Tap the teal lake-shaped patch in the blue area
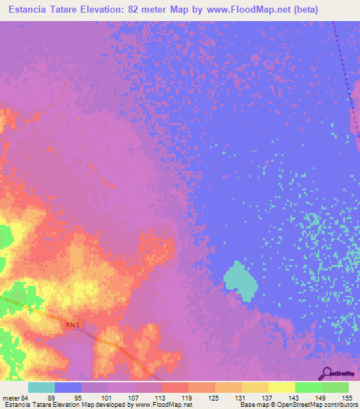[240, 281]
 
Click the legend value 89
[51, 398]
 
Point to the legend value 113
[160, 398]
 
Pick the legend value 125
[214, 398]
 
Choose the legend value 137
[267, 398]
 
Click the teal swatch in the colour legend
[41, 387]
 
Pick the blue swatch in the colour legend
[68, 387]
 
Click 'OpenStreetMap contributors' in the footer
[317, 405]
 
